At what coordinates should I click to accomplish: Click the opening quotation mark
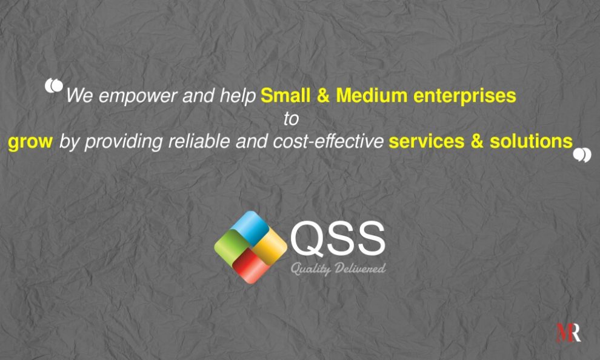(x=54, y=86)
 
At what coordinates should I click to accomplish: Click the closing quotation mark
(x=582, y=155)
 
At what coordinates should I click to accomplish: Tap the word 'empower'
(x=130, y=96)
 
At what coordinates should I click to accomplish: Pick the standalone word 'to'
(x=292, y=119)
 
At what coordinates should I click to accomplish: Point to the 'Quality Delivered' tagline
(x=338, y=268)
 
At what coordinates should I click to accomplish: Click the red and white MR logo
(x=568, y=333)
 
